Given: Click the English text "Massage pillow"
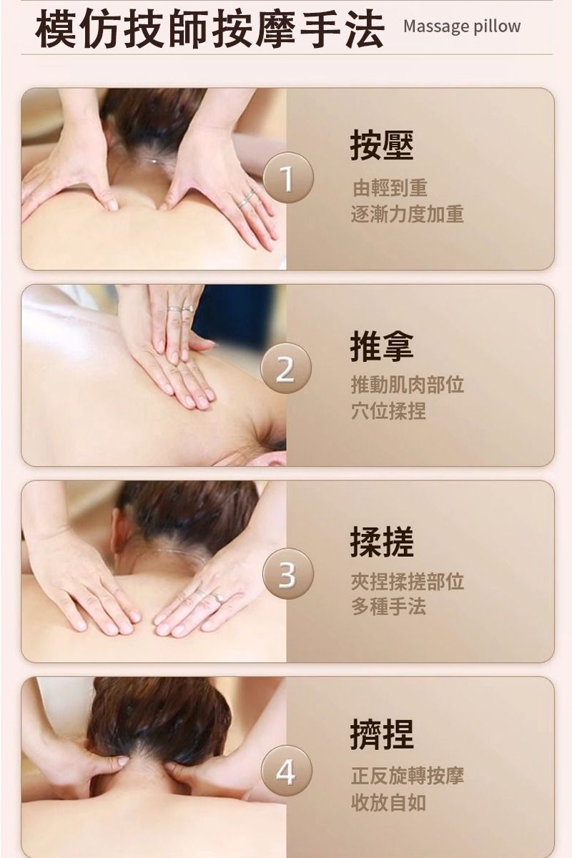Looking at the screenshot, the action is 462,26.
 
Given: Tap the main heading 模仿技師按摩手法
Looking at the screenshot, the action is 210,29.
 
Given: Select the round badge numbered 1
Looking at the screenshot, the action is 287,178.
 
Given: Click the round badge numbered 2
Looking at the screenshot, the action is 286,368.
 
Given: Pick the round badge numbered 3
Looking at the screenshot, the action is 287,573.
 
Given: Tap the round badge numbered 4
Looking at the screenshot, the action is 287,770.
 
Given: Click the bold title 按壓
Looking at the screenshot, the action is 382,146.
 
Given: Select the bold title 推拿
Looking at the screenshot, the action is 382,347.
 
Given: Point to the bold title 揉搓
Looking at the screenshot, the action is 382,542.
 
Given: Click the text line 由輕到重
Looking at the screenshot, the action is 389,187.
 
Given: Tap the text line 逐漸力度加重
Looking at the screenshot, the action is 408,214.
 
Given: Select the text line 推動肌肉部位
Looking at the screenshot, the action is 408,385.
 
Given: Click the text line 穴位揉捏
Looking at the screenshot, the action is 389,411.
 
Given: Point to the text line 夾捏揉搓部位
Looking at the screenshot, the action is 408,581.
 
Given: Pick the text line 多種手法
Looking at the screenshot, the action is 389,607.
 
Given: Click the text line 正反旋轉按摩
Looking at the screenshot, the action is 408,775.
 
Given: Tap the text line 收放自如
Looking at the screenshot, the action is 389,802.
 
